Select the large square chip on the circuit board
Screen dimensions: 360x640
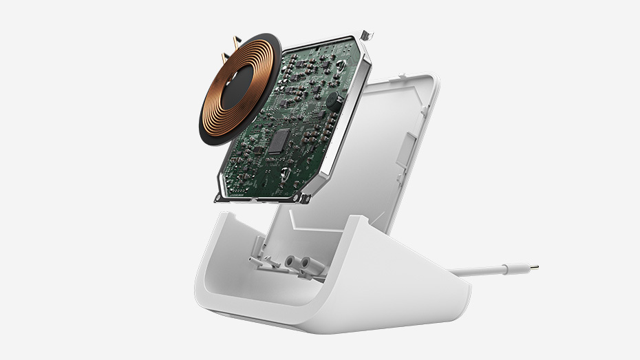(x=279, y=142)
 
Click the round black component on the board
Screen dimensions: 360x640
(x=332, y=100)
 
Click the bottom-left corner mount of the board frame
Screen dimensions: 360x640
(x=220, y=198)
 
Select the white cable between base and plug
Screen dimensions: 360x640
(x=482, y=271)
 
